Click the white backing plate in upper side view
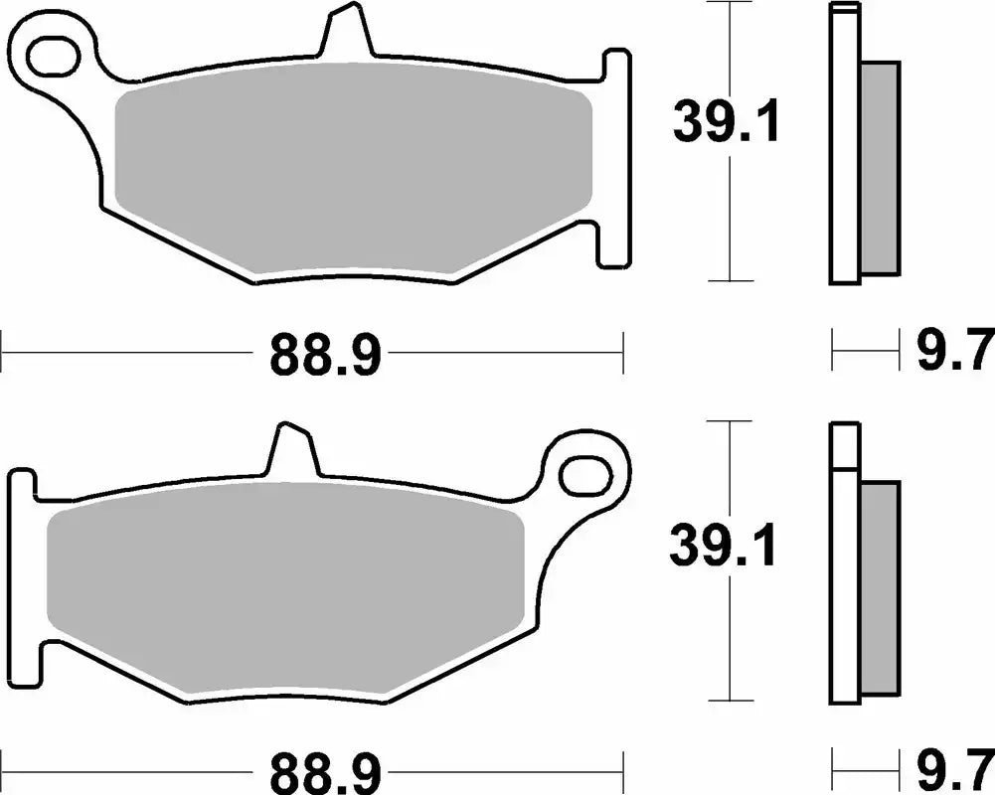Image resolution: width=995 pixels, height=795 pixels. pos(844,149)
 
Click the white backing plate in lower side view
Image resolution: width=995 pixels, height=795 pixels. pos(844,576)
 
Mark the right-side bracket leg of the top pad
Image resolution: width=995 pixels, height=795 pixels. pos(614,159)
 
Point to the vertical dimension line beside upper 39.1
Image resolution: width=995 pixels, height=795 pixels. pos(732,229)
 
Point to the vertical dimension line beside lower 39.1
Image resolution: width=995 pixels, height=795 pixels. pos(732,646)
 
